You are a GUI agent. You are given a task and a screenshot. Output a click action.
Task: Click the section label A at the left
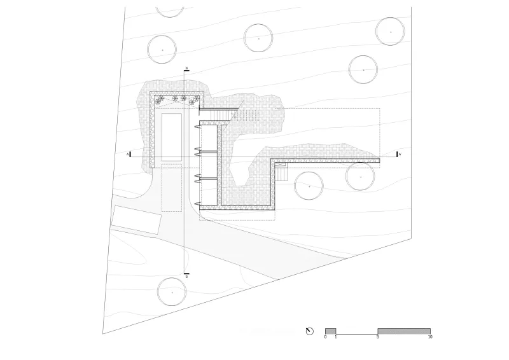(128, 155)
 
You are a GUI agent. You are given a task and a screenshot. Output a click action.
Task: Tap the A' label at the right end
(400, 155)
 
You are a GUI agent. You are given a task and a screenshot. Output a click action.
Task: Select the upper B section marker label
(186, 68)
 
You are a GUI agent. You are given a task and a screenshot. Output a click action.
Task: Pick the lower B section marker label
(186, 277)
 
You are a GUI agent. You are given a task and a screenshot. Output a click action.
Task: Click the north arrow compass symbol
(310, 331)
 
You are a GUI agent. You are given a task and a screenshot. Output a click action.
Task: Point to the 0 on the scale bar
(325, 337)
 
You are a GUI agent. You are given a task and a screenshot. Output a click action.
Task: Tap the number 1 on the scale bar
(336, 337)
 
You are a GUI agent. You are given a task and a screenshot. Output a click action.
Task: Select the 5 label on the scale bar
(378, 337)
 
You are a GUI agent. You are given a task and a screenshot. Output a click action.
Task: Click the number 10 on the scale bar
(430, 337)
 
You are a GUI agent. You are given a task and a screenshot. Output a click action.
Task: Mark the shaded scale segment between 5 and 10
(404, 331)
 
